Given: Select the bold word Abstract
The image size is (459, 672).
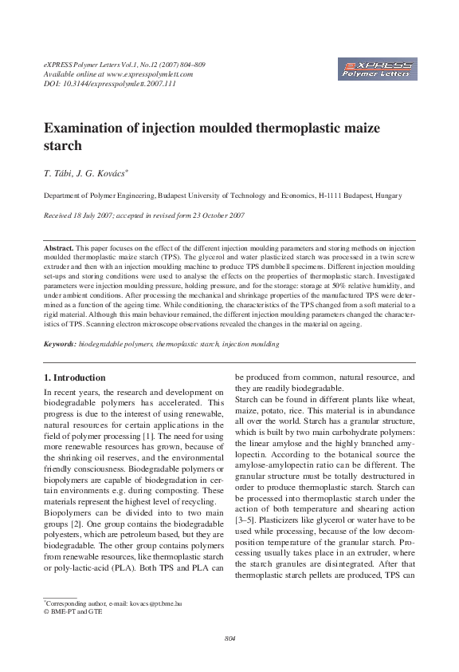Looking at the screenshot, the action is (x=58, y=249).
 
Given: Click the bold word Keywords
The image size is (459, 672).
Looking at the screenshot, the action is (x=60, y=344).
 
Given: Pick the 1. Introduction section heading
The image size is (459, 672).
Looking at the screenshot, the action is (x=74, y=378).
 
